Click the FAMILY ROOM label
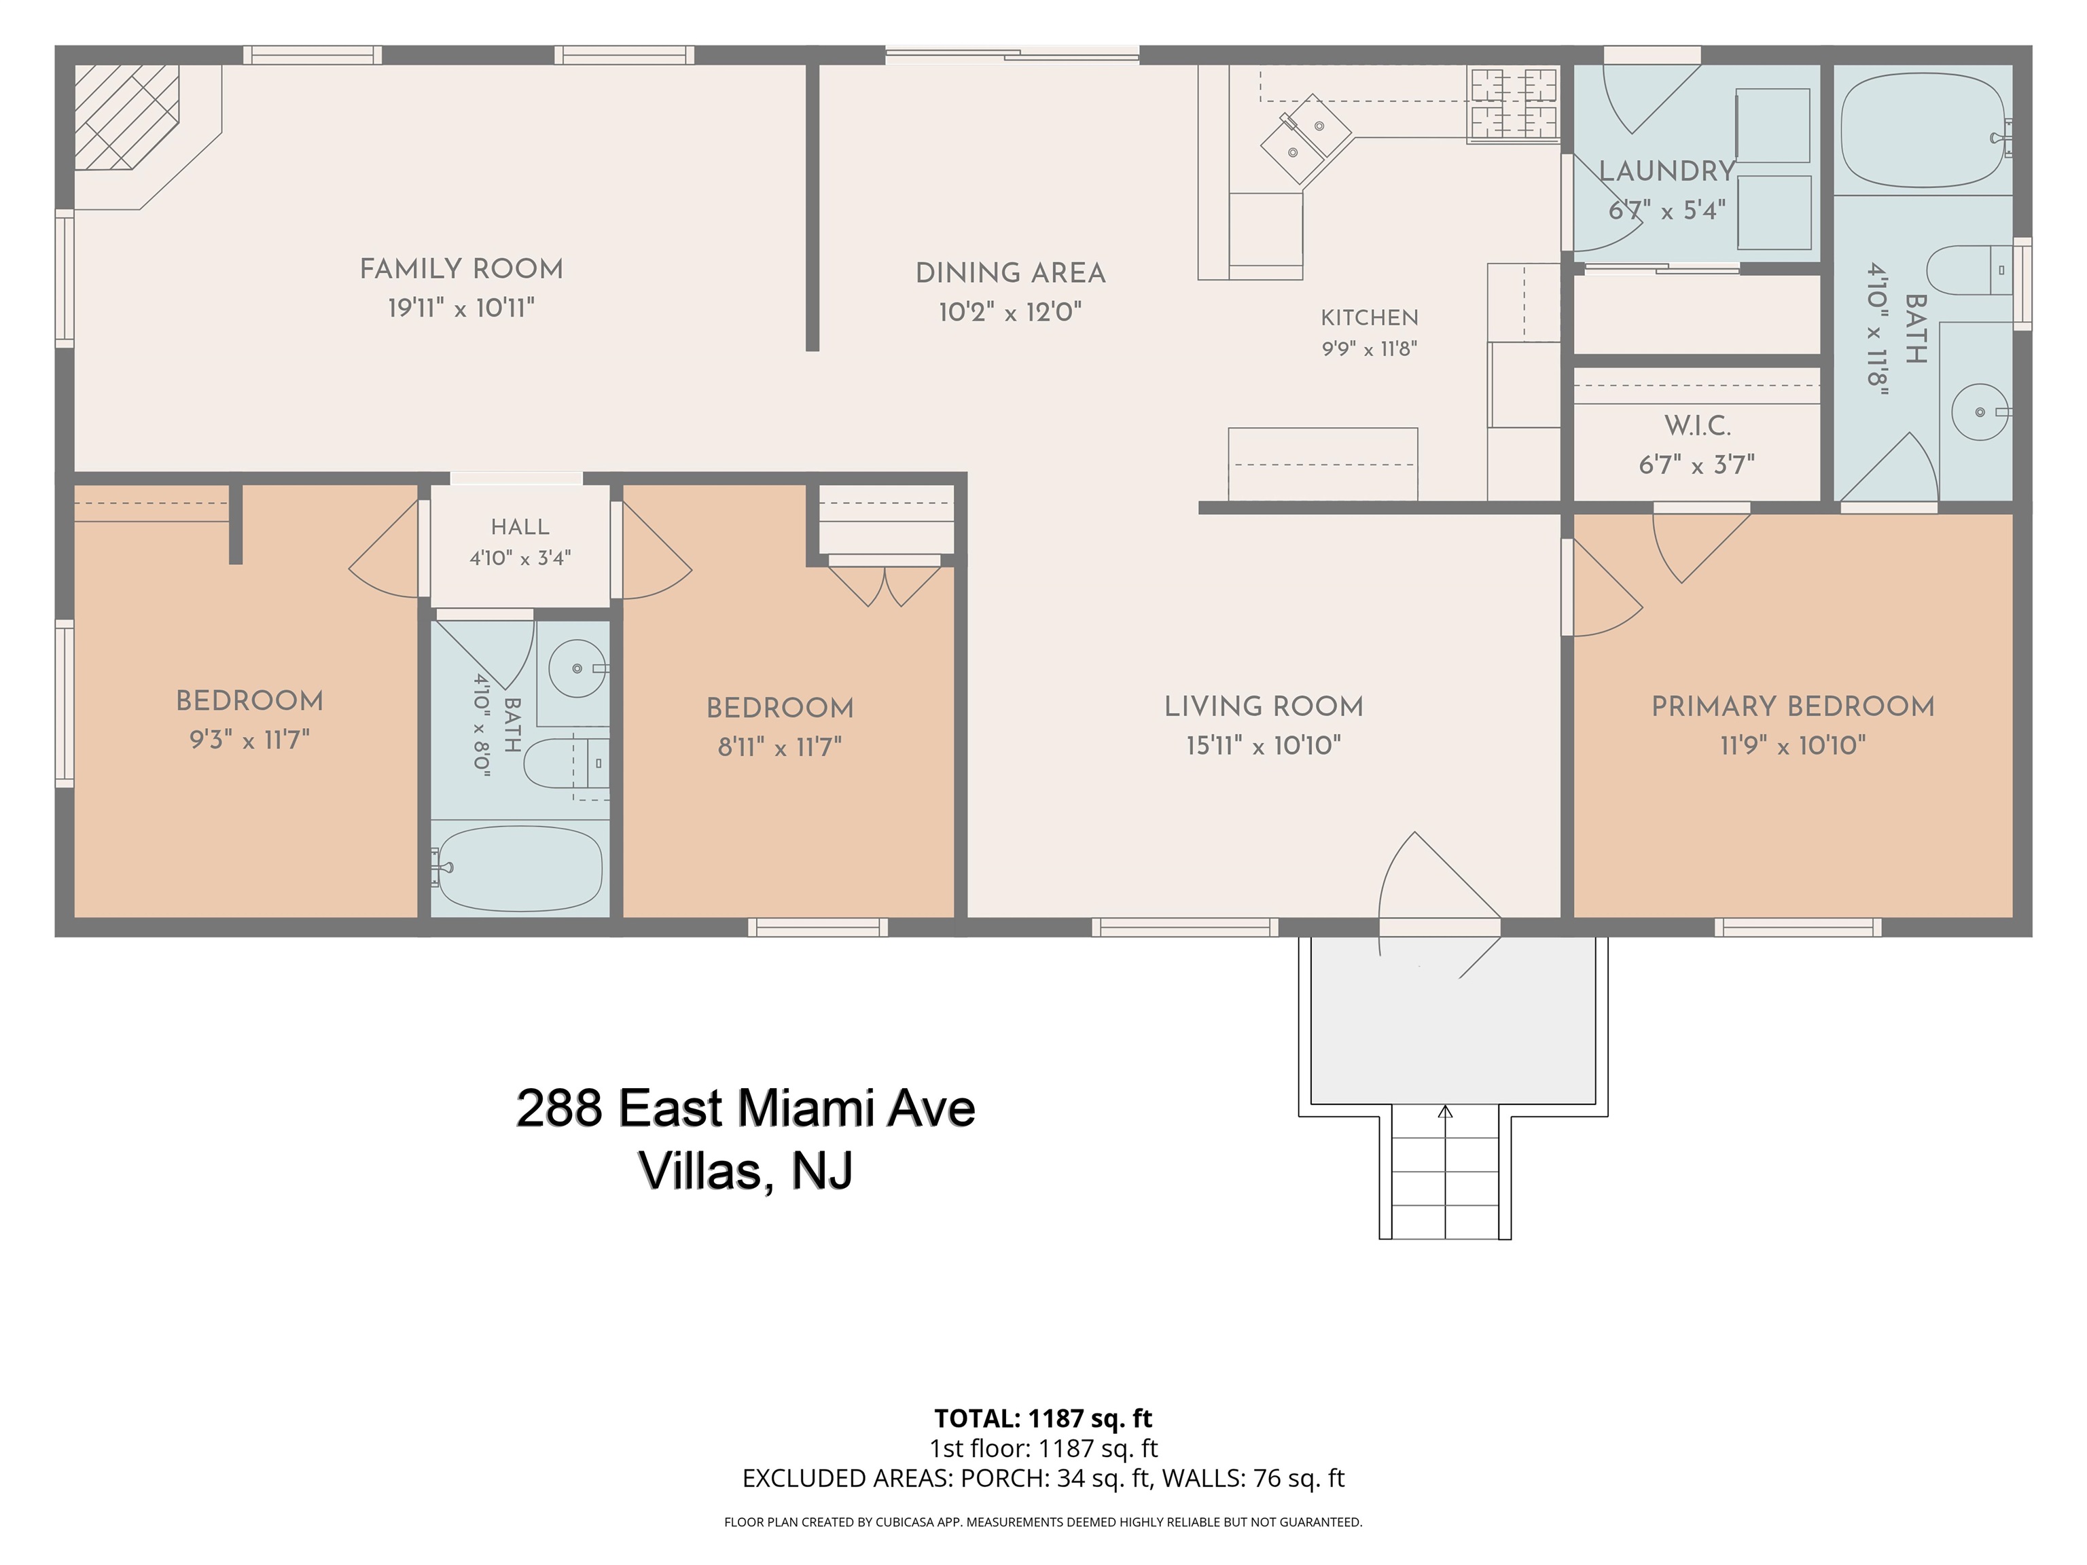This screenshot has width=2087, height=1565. pyautogui.click(x=461, y=270)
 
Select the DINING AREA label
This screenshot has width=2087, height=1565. pyautogui.click(x=1010, y=274)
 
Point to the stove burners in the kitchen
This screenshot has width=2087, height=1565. pyautogui.click(x=1512, y=104)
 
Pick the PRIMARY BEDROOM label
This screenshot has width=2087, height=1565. pyautogui.click(x=1793, y=706)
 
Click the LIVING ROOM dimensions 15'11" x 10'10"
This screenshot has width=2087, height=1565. pyautogui.click(x=1264, y=745)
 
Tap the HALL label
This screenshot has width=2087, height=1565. pyautogui.click(x=520, y=527)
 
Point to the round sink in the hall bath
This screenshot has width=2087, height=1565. pyautogui.click(x=577, y=668)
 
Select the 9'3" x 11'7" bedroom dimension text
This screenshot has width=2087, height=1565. pyautogui.click(x=250, y=740)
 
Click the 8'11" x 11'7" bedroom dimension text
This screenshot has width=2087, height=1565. pyautogui.click(x=779, y=747)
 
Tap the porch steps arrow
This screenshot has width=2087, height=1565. pyautogui.click(x=1446, y=1170)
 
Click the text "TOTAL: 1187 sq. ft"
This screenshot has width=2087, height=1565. pyautogui.click(x=1043, y=1418)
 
